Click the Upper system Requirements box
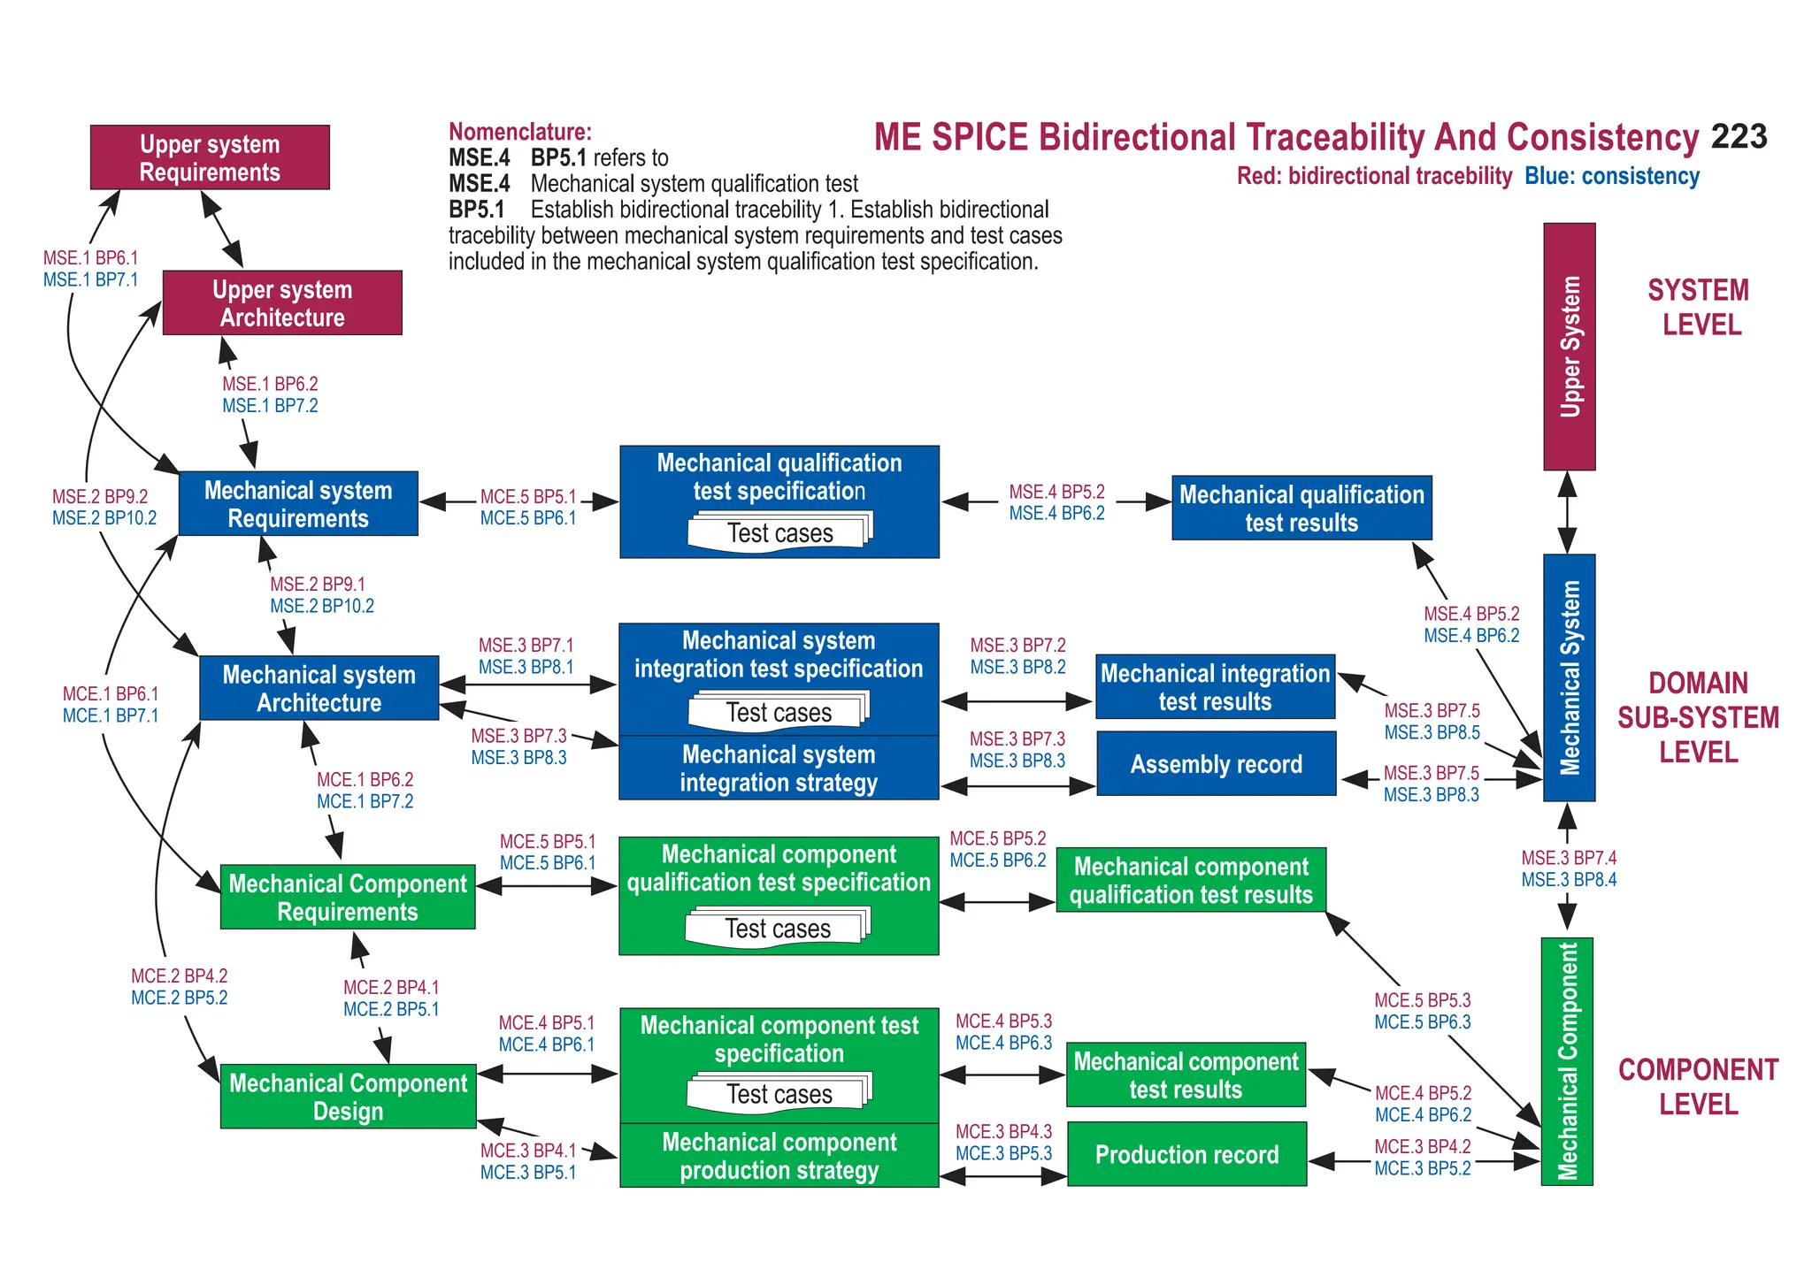point(210,157)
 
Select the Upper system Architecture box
point(282,303)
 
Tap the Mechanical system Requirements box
point(298,504)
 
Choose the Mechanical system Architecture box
point(319,688)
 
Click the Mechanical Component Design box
point(348,1097)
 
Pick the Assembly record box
point(1216,764)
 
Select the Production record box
point(1186,1154)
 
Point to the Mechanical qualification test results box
point(1301,509)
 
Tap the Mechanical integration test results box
point(1215,687)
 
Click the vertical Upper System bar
point(1569,347)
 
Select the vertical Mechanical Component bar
point(1567,1061)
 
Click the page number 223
point(1739,137)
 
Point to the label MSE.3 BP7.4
point(1569,858)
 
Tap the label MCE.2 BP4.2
point(180,976)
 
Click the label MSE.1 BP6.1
point(91,258)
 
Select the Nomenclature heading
point(520,132)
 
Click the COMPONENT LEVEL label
point(1698,1087)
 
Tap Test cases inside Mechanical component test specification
point(779,1094)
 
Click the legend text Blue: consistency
point(1611,176)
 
